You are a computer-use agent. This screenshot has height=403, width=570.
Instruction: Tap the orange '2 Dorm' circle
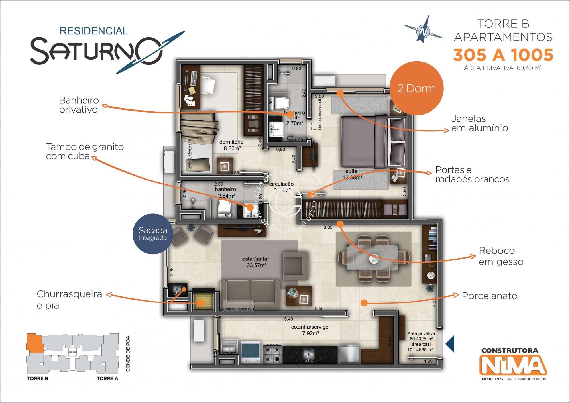tap(416, 88)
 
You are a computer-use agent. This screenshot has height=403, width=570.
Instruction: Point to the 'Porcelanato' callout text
tap(489, 296)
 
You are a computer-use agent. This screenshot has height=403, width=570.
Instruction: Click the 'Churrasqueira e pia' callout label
tap(69, 300)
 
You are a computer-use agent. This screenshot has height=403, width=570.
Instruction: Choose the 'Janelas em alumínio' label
tap(479, 123)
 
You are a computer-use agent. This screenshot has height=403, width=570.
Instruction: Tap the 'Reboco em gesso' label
tap(501, 256)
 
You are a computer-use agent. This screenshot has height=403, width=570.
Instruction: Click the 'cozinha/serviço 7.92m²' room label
tap(310, 330)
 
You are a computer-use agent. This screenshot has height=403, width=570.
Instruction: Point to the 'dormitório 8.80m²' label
tap(231, 145)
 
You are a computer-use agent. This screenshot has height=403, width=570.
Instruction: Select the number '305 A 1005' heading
tap(503, 55)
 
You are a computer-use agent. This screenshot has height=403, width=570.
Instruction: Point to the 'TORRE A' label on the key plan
tap(107, 378)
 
